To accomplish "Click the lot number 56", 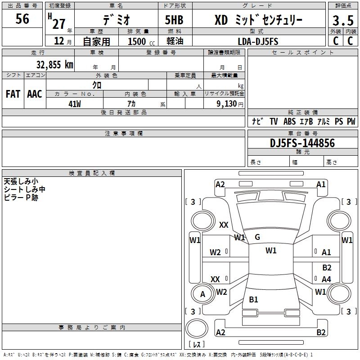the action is [x=22, y=19].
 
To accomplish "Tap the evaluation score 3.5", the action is [x=343, y=21].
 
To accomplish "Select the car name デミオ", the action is [x=116, y=20].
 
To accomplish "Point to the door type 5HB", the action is [x=174, y=20].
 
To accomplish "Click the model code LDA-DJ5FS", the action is [x=258, y=41].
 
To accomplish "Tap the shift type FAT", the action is [x=13, y=94].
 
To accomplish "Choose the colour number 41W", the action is [x=75, y=104].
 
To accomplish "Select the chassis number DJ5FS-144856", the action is [x=302, y=143].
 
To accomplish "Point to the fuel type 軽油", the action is [x=174, y=41].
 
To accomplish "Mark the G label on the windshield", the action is [x=257, y=237].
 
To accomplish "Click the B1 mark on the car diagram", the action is [x=253, y=300].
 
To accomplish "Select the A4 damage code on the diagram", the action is [x=326, y=279].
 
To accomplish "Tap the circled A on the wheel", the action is [x=202, y=294].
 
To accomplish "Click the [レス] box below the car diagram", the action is [x=197, y=344].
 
